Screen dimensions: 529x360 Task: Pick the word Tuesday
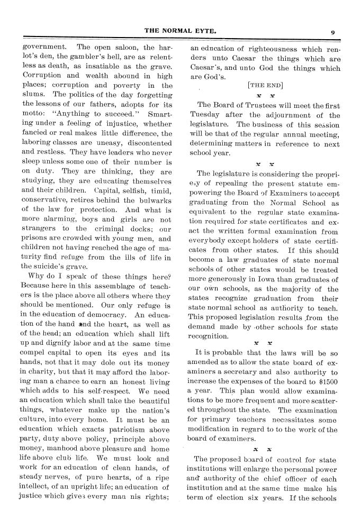coord(205,116)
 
